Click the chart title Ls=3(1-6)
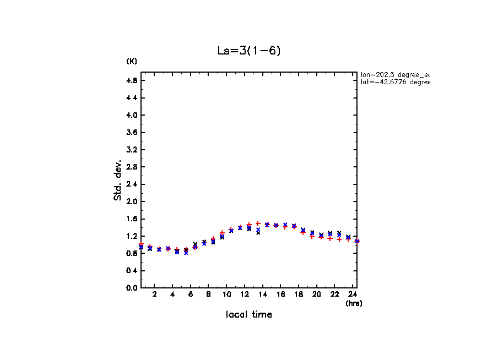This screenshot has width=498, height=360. (250, 51)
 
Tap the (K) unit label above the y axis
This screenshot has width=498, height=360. (132, 61)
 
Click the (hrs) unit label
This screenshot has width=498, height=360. (354, 303)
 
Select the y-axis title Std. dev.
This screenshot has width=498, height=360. (118, 180)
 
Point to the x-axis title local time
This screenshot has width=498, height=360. (248, 315)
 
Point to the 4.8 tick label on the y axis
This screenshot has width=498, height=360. (131, 80)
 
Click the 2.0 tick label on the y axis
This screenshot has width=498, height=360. (131, 201)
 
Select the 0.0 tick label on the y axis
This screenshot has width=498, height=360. (131, 288)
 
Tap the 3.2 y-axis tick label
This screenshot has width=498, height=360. (131, 150)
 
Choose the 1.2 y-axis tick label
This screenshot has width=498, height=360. (131, 236)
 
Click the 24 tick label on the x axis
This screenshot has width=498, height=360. (353, 294)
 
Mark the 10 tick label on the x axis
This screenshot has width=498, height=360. (226, 294)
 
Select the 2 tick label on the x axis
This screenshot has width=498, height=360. (155, 294)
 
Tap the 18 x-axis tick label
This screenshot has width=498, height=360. (299, 294)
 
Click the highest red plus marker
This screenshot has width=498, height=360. (258, 223)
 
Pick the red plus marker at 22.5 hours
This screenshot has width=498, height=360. (339, 239)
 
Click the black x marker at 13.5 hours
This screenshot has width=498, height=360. (258, 232)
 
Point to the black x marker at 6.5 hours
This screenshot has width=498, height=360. (195, 244)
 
